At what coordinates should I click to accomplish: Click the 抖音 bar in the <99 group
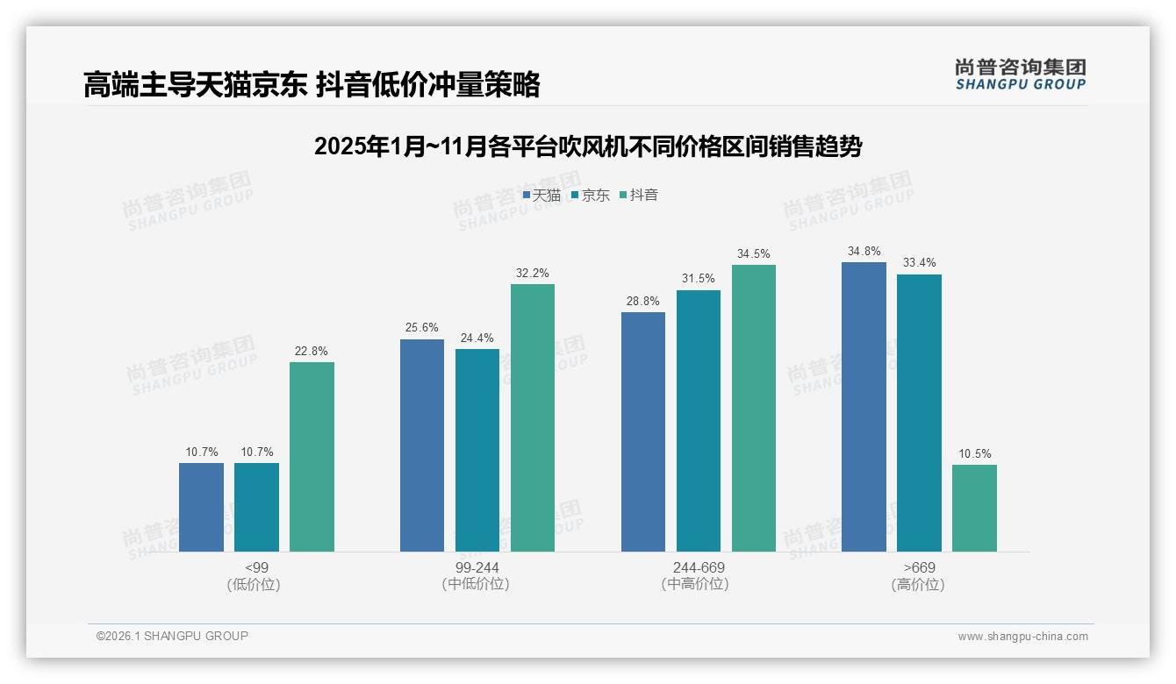click(312, 457)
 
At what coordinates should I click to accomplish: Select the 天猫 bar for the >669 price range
click(864, 407)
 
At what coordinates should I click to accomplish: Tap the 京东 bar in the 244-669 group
click(699, 421)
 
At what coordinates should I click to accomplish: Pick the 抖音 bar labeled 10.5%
click(974, 508)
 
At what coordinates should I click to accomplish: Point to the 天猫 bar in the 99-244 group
click(422, 445)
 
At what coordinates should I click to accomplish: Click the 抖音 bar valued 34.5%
click(754, 408)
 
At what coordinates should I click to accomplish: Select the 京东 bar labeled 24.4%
click(477, 450)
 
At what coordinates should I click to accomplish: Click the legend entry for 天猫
click(541, 196)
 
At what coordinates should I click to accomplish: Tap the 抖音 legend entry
click(639, 196)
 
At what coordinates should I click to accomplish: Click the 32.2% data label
click(533, 274)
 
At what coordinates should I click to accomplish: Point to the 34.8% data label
click(864, 252)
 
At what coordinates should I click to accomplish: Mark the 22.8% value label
click(312, 352)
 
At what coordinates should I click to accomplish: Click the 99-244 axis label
click(477, 567)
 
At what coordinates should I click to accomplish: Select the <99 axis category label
click(256, 567)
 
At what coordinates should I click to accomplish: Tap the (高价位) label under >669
click(918, 585)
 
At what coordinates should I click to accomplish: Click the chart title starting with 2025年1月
click(588, 146)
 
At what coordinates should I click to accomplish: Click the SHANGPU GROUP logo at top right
click(1021, 75)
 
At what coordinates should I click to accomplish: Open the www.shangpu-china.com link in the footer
click(1022, 637)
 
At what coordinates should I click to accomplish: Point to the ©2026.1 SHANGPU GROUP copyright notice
click(172, 636)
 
